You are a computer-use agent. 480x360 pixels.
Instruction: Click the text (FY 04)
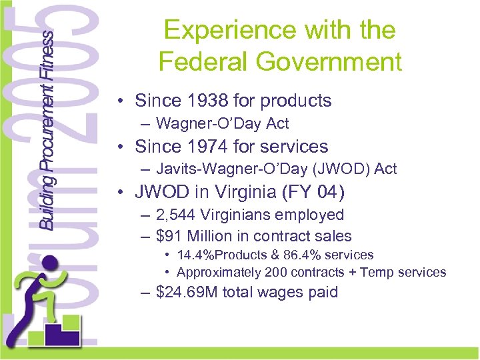pos(316,192)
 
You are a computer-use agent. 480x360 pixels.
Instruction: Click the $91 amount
pos(168,236)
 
